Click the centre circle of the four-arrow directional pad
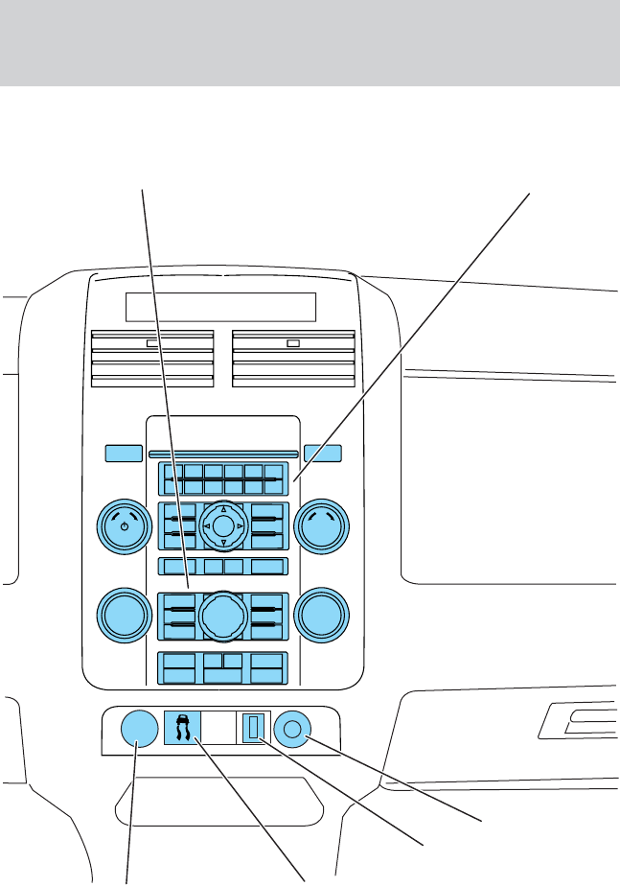(222, 525)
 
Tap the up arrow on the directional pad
(222, 509)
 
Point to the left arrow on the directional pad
(206, 526)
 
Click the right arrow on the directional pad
(240, 526)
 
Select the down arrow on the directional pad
(222, 543)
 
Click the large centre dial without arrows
(222, 614)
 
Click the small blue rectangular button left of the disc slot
(122, 453)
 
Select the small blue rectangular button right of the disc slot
(323, 453)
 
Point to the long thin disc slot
(222, 454)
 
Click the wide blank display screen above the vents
(220, 308)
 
